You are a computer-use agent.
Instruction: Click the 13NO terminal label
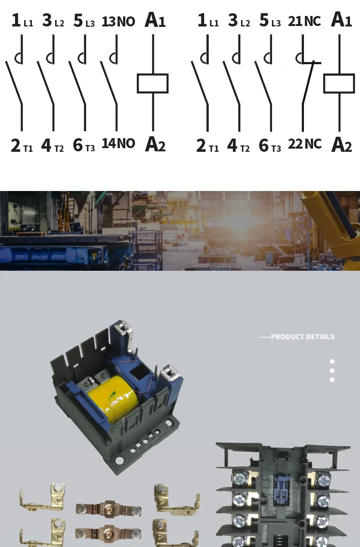coord(118,21)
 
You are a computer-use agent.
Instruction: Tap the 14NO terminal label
coord(118,143)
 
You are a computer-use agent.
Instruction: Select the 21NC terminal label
coord(304,21)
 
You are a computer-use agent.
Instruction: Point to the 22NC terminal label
coord(304,144)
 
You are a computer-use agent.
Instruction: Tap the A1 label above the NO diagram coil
coord(155,20)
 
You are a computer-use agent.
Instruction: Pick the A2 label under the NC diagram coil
coord(341,144)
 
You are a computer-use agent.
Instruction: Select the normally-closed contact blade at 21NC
coord(308,83)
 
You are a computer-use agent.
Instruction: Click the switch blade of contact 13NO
coord(109,83)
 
